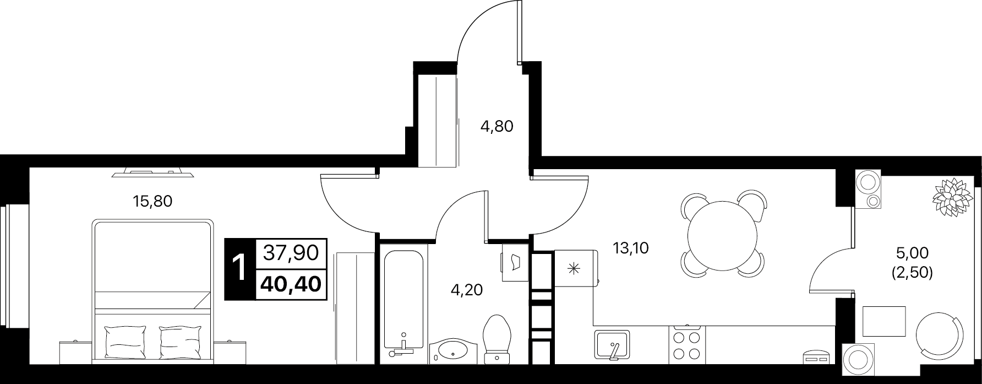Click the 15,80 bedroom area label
click(153, 202)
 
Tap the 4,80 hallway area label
click(497, 127)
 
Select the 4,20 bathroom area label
click(466, 290)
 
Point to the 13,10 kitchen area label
click(631, 248)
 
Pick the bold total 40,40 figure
click(292, 284)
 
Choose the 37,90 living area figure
click(292, 253)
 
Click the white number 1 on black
click(240, 269)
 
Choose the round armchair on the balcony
click(940, 337)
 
